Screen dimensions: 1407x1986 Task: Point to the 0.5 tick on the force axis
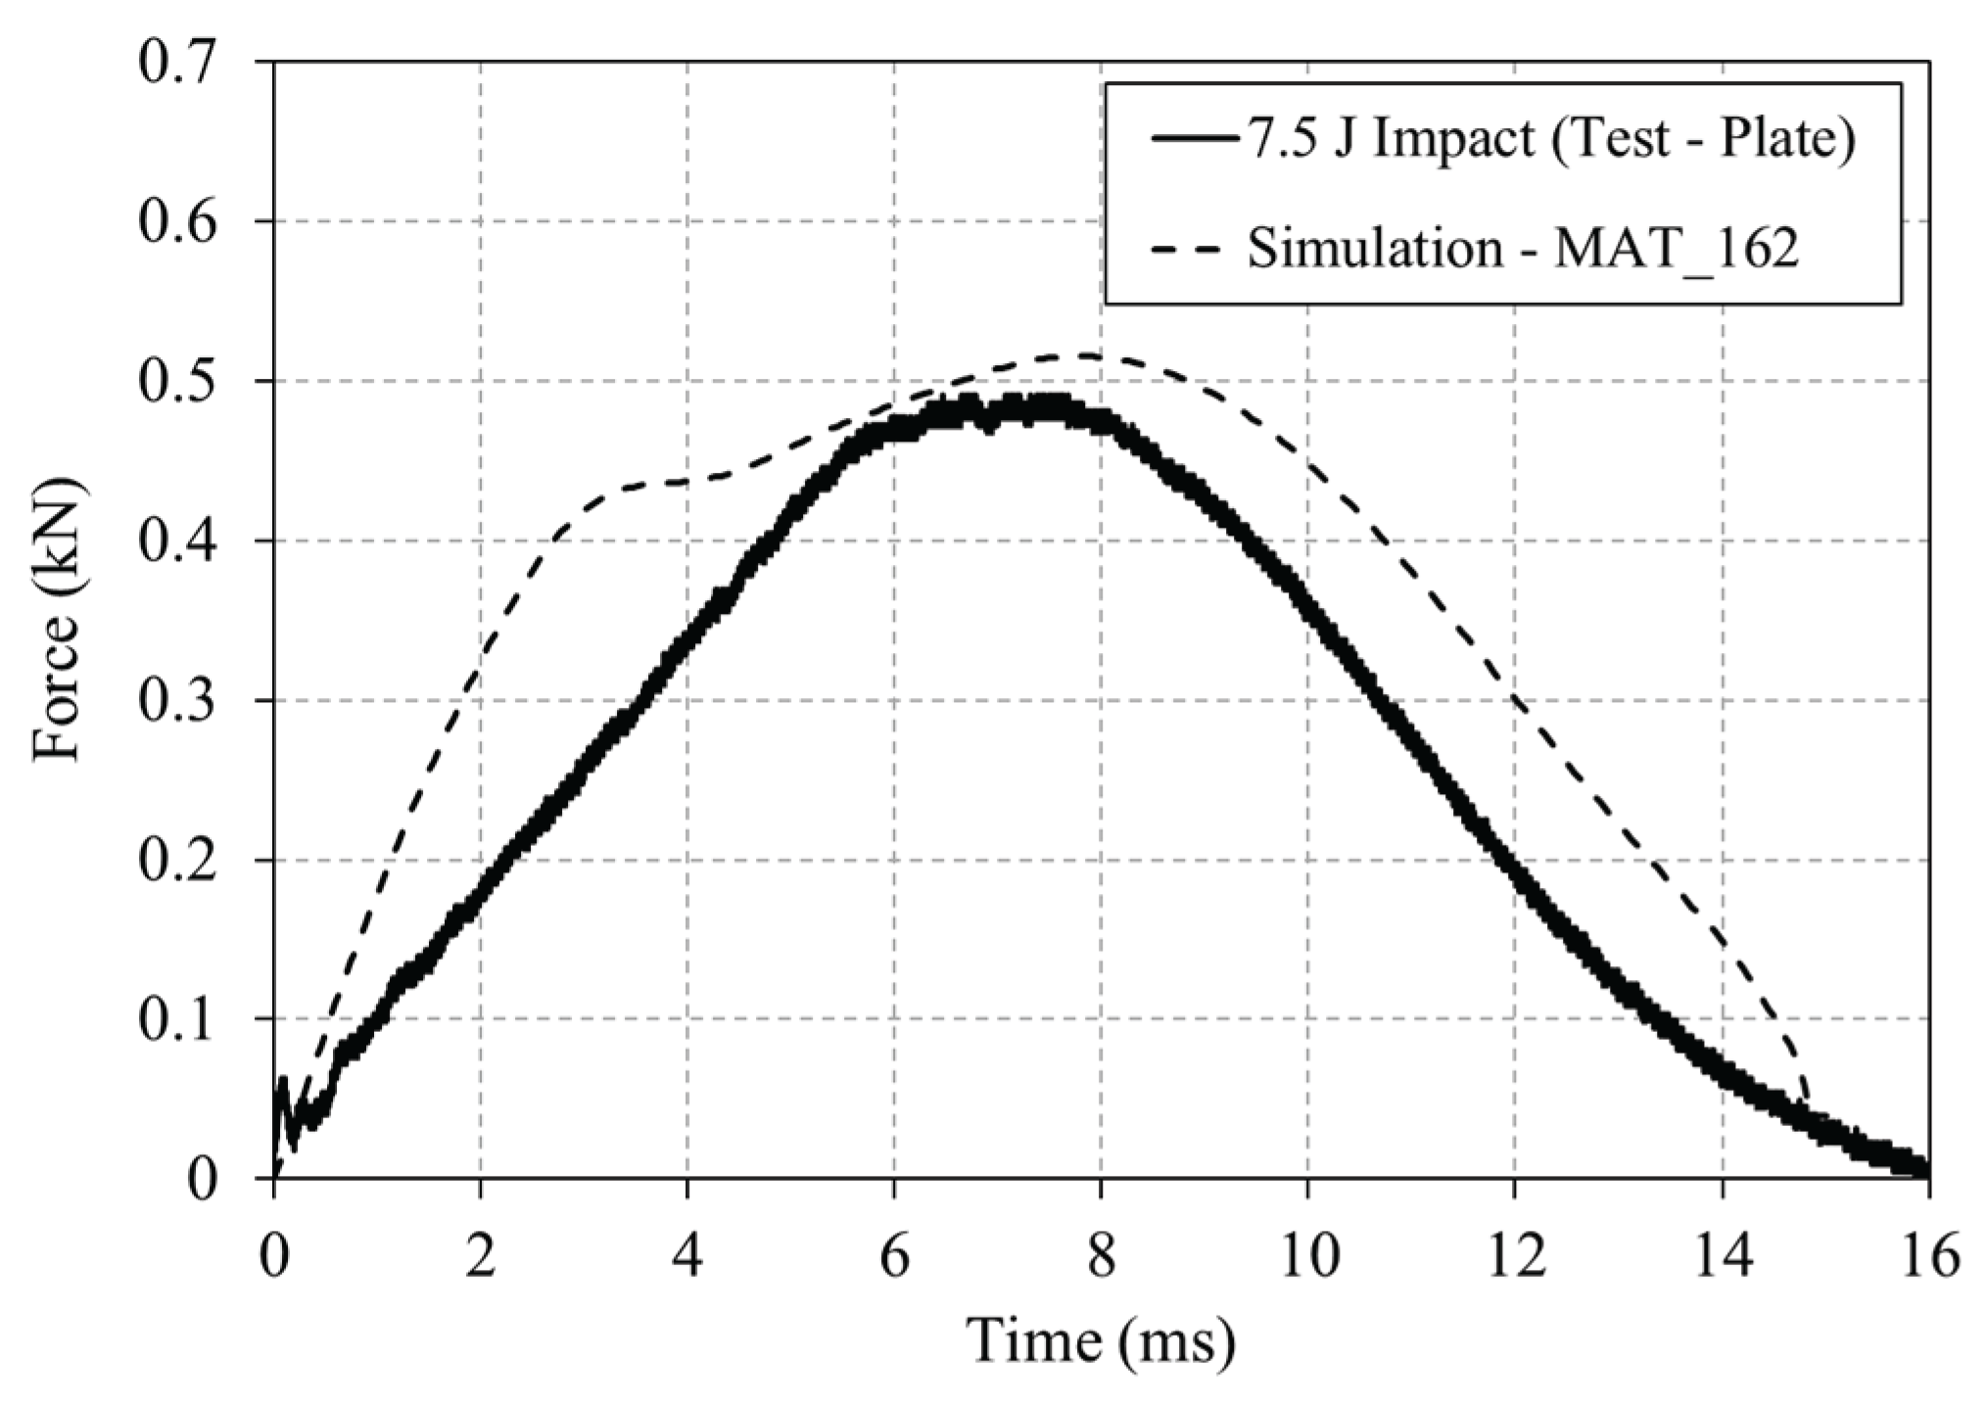[185, 382]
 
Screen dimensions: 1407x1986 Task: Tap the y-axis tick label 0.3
[185, 701]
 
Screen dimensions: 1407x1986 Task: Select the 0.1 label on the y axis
[185, 1020]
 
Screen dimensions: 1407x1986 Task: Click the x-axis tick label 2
[480, 1256]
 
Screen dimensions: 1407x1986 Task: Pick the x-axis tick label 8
[1101, 1256]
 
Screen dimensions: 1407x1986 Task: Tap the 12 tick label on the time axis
[1514, 1256]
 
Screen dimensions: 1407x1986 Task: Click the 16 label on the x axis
[1927, 1256]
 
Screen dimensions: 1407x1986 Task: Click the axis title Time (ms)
[1101, 1342]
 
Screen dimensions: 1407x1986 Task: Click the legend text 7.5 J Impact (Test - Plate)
[1550, 139]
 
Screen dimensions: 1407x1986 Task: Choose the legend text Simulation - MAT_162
[1522, 248]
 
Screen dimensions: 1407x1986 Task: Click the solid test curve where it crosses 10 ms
[1307, 601]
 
